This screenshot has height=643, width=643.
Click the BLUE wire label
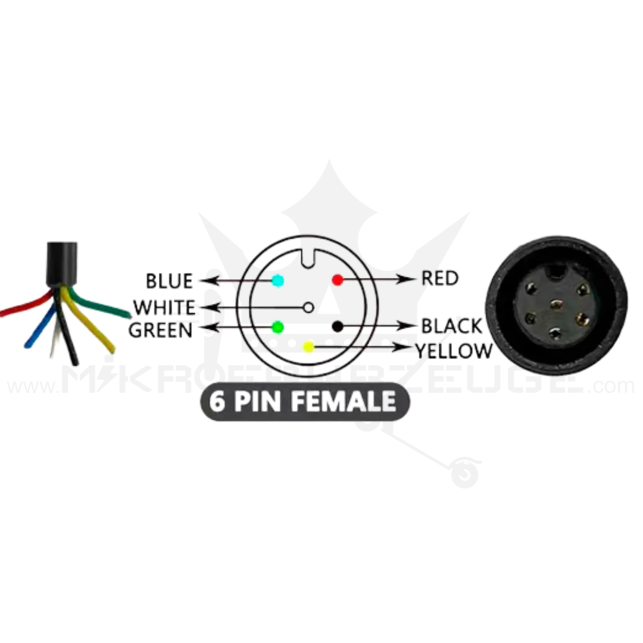click(169, 280)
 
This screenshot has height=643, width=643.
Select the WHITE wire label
click(164, 308)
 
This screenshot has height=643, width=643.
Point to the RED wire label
click(439, 277)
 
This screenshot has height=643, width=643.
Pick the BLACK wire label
click(451, 326)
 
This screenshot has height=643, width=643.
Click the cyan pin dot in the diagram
click(277, 280)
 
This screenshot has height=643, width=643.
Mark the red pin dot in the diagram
click(338, 279)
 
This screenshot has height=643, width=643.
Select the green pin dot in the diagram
click(277, 326)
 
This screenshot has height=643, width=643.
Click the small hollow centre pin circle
click(308, 307)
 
